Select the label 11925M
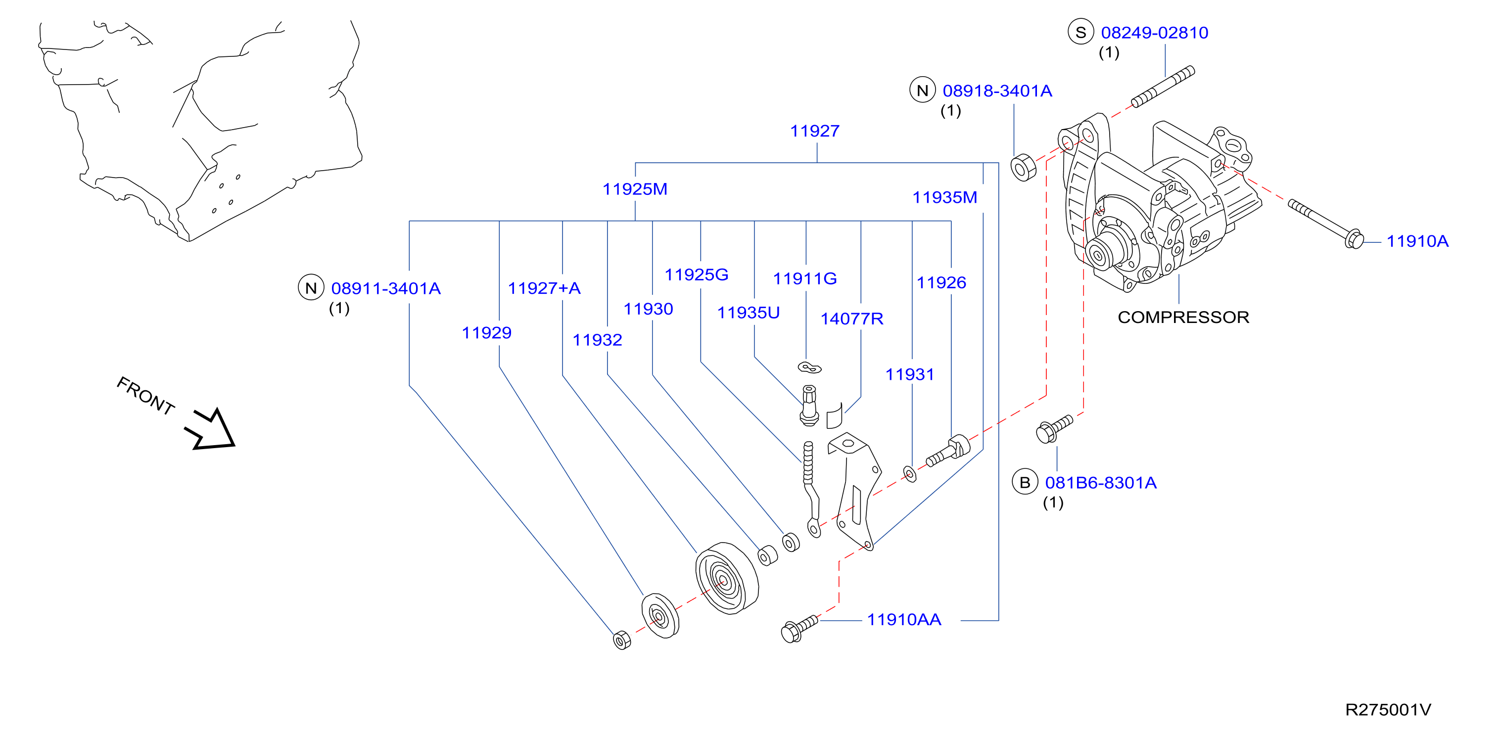coord(634,189)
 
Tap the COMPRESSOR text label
coord(1183,317)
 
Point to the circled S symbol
coord(1080,32)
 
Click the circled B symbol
coord(1025,482)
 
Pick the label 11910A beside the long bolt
coord(1417,241)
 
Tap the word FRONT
coord(146,395)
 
